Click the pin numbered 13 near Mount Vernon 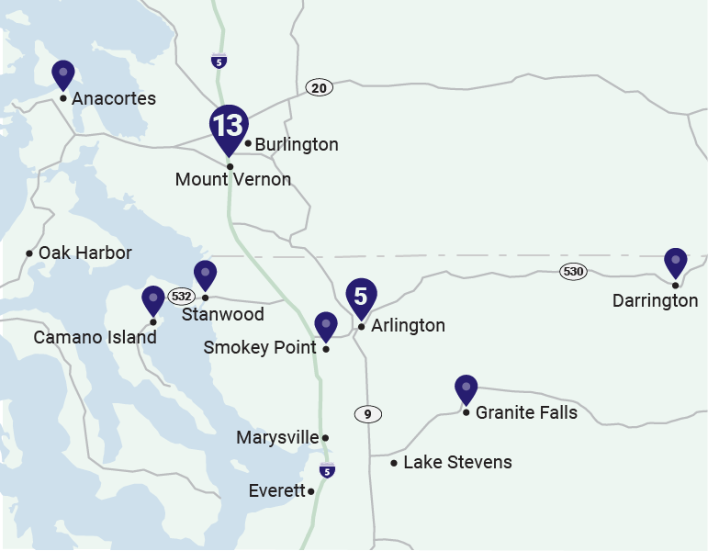point(228,127)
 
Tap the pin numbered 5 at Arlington point(361,297)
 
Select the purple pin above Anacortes point(63,73)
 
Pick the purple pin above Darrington point(676,263)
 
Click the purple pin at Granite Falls point(466,389)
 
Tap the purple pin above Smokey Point point(326,326)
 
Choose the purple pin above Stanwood point(205,275)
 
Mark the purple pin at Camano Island point(153,300)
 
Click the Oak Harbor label point(84,253)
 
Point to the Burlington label point(297,145)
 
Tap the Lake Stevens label point(457,462)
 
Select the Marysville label point(277,438)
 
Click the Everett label point(276,491)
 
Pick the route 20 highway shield point(319,88)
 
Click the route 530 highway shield point(574,272)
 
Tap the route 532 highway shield point(181,297)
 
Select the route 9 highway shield point(367,414)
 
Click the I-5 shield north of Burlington point(219,62)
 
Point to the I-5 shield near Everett point(327,471)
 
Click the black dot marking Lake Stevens point(394,463)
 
